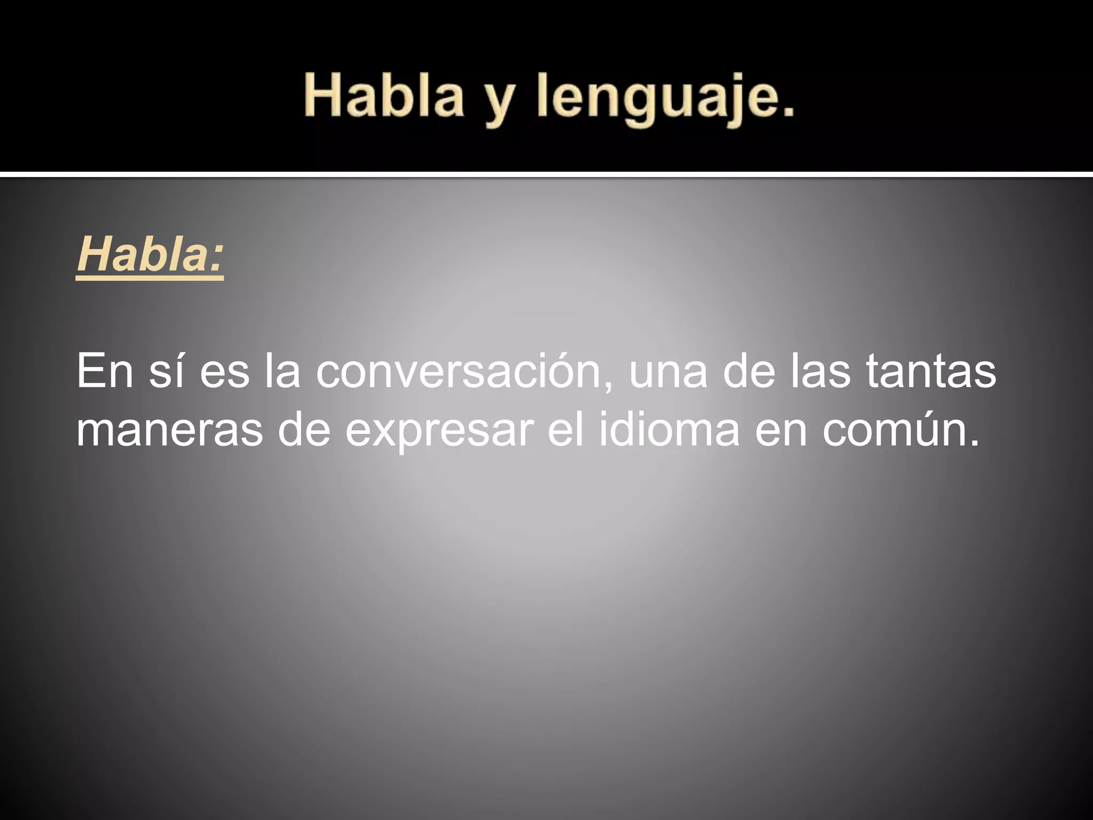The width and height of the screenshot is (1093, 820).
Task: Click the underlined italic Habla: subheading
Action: (150, 256)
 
